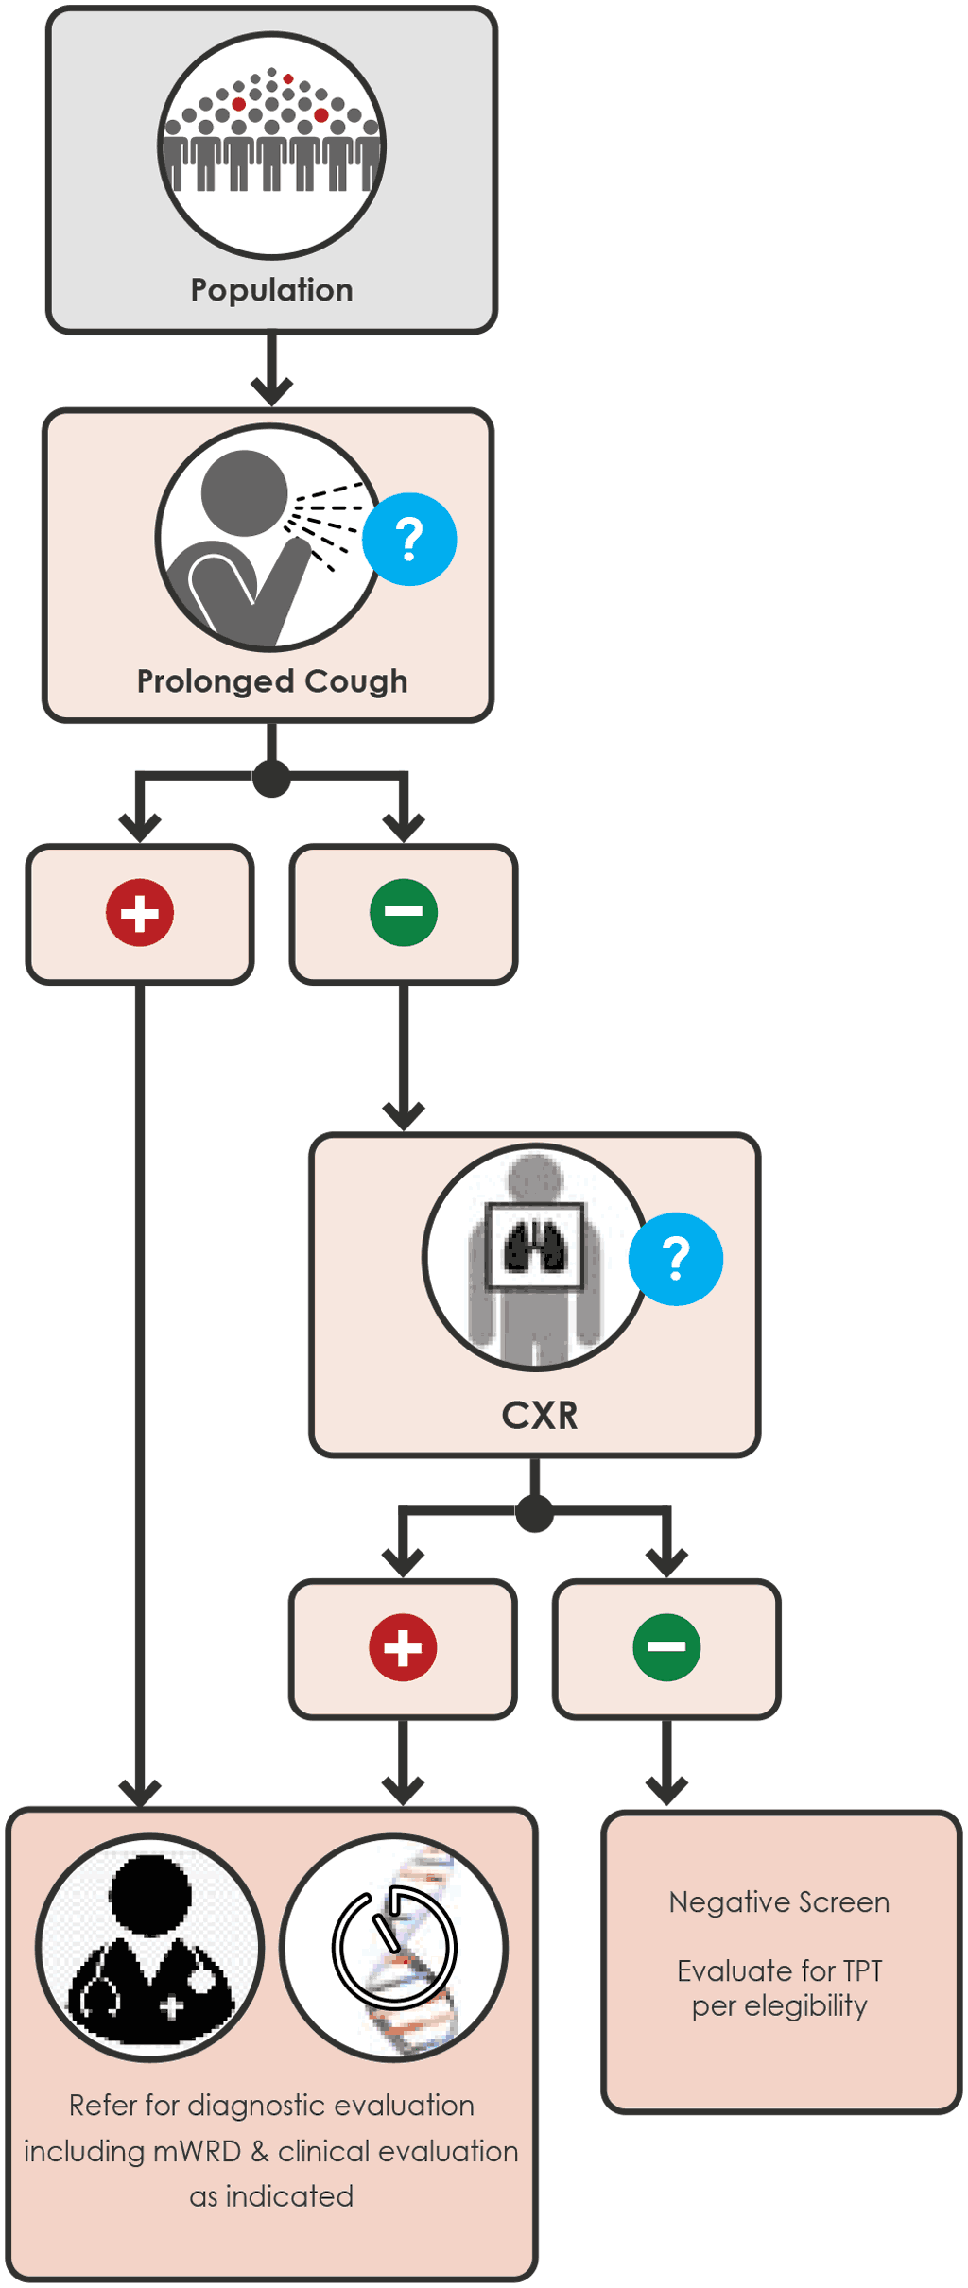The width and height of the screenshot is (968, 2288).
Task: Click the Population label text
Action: (x=271, y=290)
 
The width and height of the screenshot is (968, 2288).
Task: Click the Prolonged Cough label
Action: (x=271, y=681)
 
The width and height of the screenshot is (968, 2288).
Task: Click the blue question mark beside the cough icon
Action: (x=409, y=540)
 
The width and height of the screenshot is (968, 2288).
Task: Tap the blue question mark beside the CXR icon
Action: (x=676, y=1259)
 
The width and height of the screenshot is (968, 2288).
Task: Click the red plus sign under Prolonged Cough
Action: (x=140, y=913)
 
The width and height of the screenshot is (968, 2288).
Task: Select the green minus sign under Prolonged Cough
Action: (x=404, y=913)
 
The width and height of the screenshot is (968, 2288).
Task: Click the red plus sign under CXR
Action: (x=403, y=1647)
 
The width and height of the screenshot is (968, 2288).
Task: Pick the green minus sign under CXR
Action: (x=666, y=1647)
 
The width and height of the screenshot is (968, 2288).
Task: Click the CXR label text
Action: (x=539, y=1415)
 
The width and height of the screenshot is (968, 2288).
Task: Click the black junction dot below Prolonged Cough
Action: (x=271, y=778)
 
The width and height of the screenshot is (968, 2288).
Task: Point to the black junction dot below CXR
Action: (x=535, y=1513)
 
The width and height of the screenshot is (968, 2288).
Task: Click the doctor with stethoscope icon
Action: (x=150, y=1949)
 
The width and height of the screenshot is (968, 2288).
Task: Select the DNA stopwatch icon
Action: (x=394, y=1949)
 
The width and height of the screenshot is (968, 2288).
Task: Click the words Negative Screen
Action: (x=779, y=1901)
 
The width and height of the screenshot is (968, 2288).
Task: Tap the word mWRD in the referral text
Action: (x=197, y=2151)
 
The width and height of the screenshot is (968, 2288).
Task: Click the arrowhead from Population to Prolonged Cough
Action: (x=271, y=390)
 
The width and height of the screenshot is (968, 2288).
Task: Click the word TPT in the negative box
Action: (x=861, y=1970)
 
